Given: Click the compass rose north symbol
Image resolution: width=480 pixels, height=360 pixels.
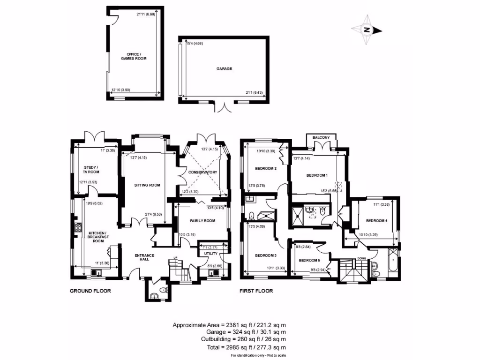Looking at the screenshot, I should click(367, 30).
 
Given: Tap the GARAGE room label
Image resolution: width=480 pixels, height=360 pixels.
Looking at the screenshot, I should click(224, 68).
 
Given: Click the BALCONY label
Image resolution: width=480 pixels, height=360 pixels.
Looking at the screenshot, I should click(322, 137).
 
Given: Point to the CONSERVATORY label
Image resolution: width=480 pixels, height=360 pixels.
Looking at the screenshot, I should click(203, 172).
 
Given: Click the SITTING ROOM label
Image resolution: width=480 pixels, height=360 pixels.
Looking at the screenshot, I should click(147, 185).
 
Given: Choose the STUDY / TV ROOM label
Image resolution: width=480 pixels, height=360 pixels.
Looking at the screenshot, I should click(91, 169).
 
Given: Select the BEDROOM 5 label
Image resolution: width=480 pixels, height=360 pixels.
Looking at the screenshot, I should click(309, 260).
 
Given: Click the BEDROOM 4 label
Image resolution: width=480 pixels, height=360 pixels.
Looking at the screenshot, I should click(377, 221).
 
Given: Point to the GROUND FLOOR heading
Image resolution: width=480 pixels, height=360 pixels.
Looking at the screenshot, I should click(90, 291).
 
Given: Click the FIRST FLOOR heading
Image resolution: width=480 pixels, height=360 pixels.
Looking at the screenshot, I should click(256, 291).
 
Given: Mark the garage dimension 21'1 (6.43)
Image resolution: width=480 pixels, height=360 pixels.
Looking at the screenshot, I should click(253, 93).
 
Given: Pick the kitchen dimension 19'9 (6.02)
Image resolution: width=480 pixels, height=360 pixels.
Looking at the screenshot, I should click(95, 203).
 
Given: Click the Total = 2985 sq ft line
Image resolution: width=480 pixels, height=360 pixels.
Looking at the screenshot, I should click(229, 347).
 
